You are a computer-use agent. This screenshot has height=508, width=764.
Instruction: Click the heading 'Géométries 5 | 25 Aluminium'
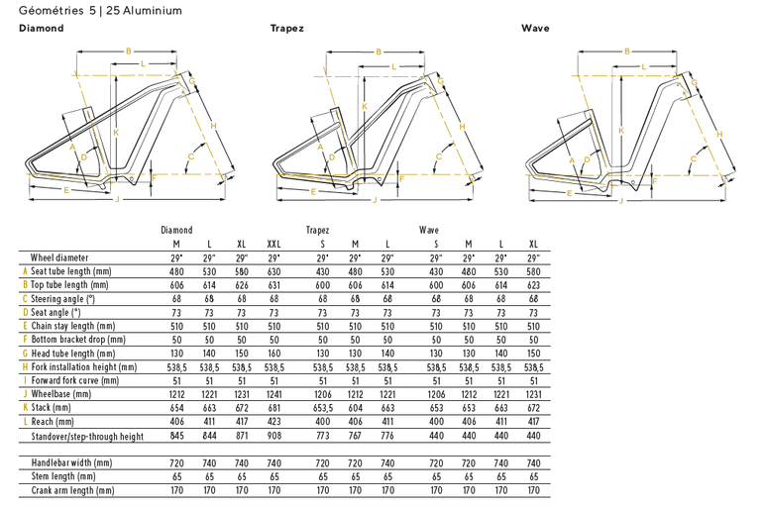[100, 10]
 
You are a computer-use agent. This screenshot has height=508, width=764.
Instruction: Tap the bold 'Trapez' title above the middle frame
[287, 29]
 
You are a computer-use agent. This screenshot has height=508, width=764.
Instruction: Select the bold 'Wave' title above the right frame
[535, 28]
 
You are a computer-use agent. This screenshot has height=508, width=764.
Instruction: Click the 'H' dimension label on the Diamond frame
[213, 126]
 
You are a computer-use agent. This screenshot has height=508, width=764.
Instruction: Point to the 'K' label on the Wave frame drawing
[621, 131]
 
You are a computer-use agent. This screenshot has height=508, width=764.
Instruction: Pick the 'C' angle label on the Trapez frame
[439, 156]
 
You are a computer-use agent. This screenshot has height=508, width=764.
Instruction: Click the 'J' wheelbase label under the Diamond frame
[118, 199]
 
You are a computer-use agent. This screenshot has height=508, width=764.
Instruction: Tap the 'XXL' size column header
[273, 244]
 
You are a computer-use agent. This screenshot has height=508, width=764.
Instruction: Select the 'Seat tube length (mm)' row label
[70, 271]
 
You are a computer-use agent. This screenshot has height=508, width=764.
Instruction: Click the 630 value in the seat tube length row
[273, 271]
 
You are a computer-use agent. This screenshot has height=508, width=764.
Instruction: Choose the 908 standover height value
[273, 435]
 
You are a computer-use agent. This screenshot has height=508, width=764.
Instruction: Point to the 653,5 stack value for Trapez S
[323, 408]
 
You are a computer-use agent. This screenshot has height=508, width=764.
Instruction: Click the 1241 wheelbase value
[273, 394]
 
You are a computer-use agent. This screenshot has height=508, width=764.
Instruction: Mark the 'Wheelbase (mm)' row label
[60, 394]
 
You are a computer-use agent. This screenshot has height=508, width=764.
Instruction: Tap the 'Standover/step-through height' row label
[87, 436]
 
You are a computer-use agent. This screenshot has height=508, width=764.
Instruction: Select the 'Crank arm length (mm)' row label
[72, 490]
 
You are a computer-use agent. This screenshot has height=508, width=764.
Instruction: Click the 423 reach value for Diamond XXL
[273, 421]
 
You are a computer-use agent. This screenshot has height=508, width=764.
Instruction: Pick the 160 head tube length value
[273, 354]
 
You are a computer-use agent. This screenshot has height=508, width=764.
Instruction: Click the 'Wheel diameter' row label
[59, 257]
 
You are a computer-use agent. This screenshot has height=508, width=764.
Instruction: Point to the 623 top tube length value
[533, 285]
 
